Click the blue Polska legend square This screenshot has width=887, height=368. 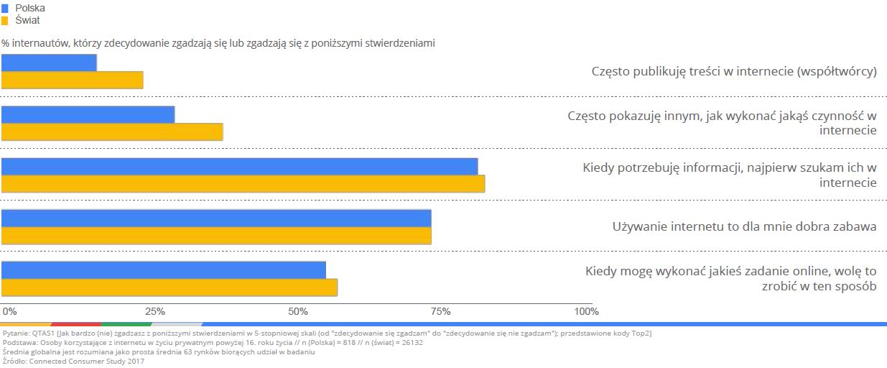5,8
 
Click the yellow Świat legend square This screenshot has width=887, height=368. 5,20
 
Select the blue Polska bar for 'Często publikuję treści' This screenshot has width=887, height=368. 49,63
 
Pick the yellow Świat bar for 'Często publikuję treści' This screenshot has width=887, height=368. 72,80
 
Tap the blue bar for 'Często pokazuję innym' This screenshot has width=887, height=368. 88,114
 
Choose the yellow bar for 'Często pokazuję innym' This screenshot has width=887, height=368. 112,132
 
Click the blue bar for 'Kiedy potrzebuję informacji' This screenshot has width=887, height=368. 239,166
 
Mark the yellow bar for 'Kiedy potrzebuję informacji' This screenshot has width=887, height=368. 243,183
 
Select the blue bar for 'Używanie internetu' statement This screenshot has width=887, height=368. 216,218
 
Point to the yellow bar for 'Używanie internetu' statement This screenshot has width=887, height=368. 216,235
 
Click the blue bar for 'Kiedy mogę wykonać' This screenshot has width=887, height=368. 164,270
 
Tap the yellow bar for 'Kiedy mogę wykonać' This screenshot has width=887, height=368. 169,287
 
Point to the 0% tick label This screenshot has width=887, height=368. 9,311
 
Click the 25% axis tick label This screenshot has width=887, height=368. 155,311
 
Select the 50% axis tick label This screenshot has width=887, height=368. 298,311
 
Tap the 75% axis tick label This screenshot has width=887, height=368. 440,311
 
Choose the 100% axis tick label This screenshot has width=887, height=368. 586,311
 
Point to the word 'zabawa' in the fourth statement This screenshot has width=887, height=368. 853,226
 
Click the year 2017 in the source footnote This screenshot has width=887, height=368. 135,361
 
